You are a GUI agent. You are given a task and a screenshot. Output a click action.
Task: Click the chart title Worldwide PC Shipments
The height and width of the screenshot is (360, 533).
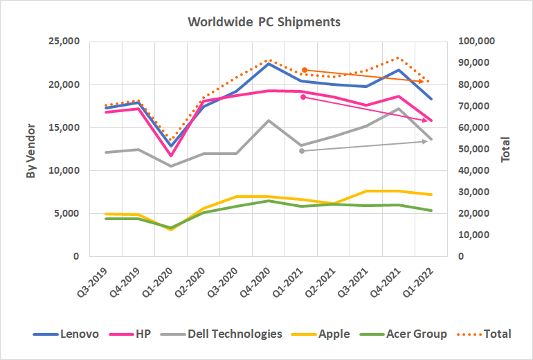264,21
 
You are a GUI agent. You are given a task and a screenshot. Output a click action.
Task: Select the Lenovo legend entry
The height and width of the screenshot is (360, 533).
66,334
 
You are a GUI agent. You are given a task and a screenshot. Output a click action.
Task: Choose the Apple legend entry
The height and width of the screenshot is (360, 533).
323,334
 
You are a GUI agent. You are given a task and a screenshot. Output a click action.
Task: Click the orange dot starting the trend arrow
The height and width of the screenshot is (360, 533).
305,70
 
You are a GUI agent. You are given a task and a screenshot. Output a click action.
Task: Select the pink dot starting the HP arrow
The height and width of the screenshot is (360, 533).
302,97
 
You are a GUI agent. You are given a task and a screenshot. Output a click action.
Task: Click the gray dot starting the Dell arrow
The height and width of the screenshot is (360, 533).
302,150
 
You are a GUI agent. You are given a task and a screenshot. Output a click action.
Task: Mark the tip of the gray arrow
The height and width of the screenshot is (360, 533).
427,141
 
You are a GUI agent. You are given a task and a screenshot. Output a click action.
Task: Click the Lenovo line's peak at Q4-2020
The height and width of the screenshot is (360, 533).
269,64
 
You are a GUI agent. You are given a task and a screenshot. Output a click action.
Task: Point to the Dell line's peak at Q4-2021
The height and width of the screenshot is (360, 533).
397,109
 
